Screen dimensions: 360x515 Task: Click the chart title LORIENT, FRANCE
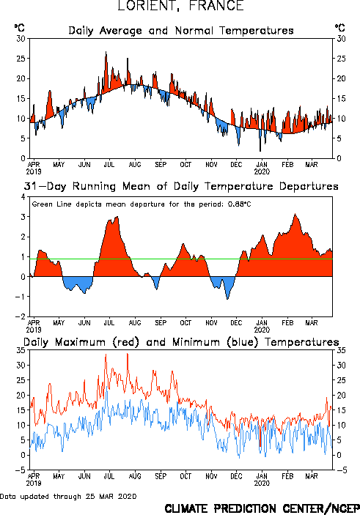[180, 5]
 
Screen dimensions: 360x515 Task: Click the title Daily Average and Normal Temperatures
[181, 31]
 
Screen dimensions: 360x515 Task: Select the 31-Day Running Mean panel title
[181, 186]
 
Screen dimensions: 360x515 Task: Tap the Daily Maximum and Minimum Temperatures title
[181, 342]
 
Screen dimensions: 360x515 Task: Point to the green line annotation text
[142, 204]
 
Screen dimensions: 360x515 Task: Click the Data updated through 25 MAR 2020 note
[68, 496]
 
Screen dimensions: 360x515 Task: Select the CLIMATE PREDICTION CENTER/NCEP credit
[262, 508]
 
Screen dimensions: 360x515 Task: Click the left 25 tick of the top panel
[21, 59]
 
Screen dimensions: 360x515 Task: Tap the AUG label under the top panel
[135, 164]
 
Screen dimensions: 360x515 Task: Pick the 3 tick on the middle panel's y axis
[23, 217]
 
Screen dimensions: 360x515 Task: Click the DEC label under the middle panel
[236, 322]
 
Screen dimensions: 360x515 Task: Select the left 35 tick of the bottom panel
[21, 350]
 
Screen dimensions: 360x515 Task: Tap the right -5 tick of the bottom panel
[341, 470]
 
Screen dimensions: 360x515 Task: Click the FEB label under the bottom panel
[287, 476]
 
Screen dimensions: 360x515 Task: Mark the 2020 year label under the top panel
[262, 171]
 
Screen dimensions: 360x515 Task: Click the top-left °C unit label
[19, 28]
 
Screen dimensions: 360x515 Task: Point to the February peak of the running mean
[295, 214]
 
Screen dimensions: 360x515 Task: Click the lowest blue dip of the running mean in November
[227, 299]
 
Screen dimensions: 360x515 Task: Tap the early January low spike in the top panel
[260, 151]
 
